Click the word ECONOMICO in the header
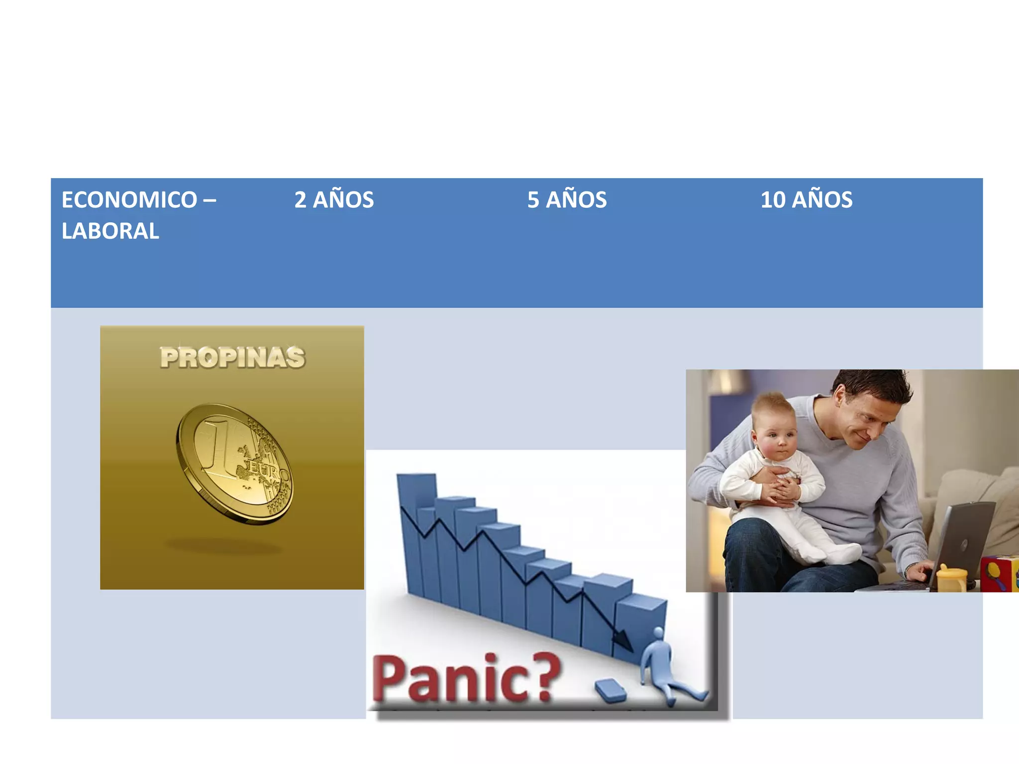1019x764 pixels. [129, 200]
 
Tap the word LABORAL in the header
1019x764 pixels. [110, 231]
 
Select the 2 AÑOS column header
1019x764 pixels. [334, 200]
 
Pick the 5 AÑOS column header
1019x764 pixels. [567, 200]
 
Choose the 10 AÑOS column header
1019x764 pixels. [806, 200]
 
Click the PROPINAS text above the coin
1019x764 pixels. [232, 358]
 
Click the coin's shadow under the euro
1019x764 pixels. [224, 547]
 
